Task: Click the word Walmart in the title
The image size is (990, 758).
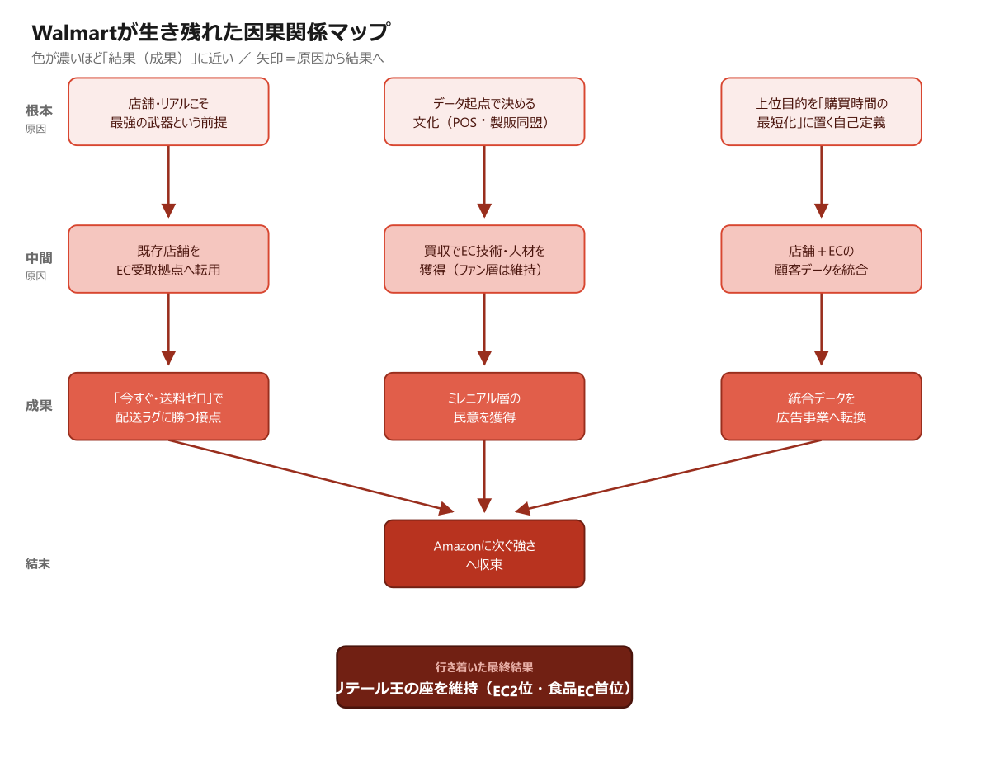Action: point(74,33)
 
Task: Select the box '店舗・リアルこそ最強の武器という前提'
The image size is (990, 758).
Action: point(168,111)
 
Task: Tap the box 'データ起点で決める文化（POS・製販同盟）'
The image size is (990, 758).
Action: point(483,111)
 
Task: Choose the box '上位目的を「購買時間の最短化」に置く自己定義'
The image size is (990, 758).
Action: point(821,111)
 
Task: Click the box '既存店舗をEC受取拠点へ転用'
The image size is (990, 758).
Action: point(168,259)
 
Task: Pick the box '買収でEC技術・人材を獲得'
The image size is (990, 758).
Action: point(483,259)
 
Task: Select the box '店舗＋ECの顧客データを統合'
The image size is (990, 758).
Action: point(821,259)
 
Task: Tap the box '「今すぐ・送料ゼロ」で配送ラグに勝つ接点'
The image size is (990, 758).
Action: point(168,407)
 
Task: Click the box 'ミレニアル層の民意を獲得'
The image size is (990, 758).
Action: point(483,407)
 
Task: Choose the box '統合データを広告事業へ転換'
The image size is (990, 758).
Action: point(821,407)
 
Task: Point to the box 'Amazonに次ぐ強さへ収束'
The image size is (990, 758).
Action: point(483,553)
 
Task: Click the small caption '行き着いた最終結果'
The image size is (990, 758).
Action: point(483,667)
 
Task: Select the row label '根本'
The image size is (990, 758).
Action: point(39,111)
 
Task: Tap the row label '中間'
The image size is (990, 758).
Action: point(39,258)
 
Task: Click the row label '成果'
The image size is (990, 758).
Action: point(39,405)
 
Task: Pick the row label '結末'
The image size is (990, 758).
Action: point(38,563)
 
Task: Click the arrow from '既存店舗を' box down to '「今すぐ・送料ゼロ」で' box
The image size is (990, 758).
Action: point(168,329)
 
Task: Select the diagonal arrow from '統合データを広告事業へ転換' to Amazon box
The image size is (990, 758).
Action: point(668,477)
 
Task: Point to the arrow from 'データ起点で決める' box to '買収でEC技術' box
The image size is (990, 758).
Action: point(483,181)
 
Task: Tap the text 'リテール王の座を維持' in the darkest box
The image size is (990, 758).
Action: point(407,689)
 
